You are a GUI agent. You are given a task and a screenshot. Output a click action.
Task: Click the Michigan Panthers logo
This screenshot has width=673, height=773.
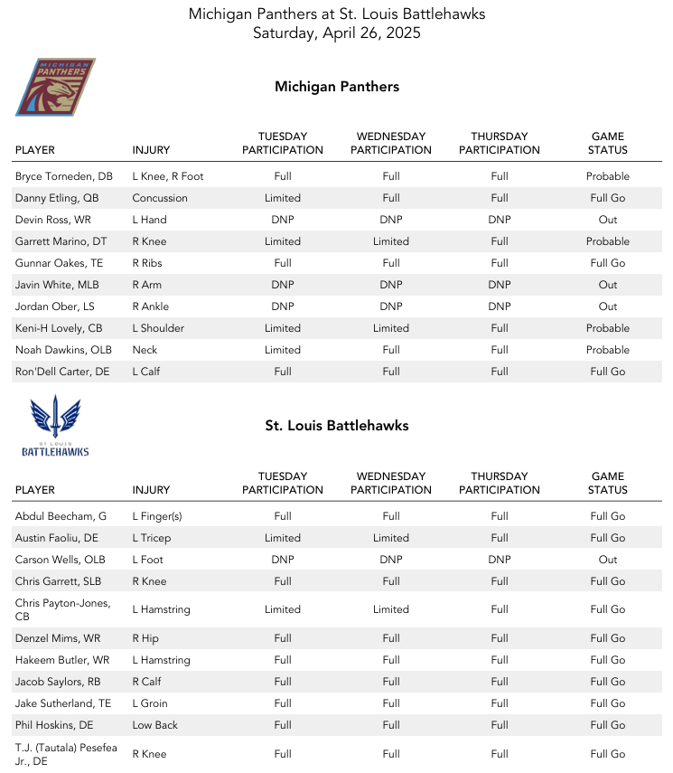pyautogui.click(x=55, y=87)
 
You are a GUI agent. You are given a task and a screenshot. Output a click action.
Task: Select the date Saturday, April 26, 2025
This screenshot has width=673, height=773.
pyautogui.click(x=336, y=33)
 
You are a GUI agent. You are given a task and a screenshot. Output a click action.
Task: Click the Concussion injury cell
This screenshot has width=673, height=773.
pyautogui.click(x=160, y=198)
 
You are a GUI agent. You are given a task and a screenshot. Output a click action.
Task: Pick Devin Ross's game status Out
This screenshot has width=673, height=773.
pyautogui.click(x=608, y=220)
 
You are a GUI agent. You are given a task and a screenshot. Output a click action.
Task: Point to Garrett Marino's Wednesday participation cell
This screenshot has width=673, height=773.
pyautogui.click(x=391, y=241)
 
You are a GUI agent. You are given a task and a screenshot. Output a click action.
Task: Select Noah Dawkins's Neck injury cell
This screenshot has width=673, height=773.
pyautogui.click(x=145, y=350)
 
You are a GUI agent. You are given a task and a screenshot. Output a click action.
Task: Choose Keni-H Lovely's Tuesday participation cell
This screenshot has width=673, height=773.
pyautogui.click(x=283, y=328)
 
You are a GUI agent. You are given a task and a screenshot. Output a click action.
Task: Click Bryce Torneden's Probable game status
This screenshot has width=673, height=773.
pyautogui.click(x=608, y=176)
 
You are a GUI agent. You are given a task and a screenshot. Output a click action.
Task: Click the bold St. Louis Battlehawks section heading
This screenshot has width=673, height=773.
pyautogui.click(x=337, y=426)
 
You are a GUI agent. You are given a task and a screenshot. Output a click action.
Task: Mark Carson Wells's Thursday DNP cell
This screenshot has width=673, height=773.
pyautogui.click(x=500, y=560)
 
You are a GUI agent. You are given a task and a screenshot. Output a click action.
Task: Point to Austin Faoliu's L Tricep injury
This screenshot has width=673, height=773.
pyautogui.click(x=152, y=538)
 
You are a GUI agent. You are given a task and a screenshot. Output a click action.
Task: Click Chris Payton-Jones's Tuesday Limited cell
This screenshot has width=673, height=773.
pyautogui.click(x=283, y=609)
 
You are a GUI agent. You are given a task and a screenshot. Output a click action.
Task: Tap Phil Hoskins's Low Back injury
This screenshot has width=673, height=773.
pyautogui.click(x=155, y=725)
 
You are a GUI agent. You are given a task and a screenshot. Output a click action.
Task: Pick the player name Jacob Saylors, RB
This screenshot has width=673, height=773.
pyautogui.click(x=60, y=682)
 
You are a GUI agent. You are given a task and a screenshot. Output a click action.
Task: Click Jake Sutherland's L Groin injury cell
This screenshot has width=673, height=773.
pyautogui.click(x=150, y=703)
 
